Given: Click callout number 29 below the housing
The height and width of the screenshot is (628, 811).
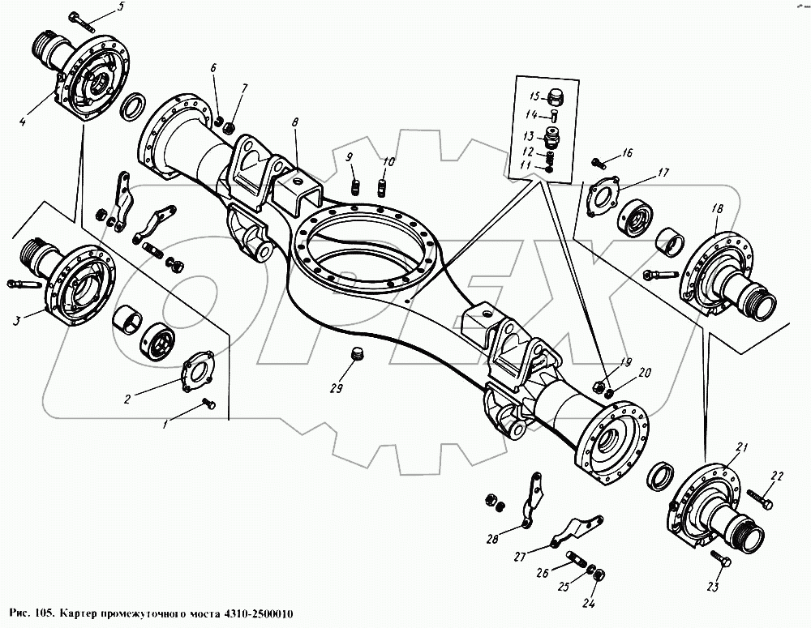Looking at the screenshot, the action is (337, 387).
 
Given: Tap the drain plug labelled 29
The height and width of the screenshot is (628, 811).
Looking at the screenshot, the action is (357, 354).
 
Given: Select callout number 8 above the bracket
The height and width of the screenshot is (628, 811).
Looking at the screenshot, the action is (295, 123).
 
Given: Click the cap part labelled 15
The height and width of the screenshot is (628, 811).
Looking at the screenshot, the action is (556, 97).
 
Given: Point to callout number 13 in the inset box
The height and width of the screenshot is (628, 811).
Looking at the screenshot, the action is (528, 136).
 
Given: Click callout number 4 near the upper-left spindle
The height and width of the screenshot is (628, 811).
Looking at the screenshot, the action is (23, 122).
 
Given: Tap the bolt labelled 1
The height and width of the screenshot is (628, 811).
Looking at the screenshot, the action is (209, 404).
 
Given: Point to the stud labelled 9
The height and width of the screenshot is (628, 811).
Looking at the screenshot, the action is (355, 186).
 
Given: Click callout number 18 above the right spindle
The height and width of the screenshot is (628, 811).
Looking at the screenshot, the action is (718, 209).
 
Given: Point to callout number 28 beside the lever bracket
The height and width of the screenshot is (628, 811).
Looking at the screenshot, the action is (492, 539).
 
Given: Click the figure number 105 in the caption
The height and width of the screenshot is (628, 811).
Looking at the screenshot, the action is (44, 614).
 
